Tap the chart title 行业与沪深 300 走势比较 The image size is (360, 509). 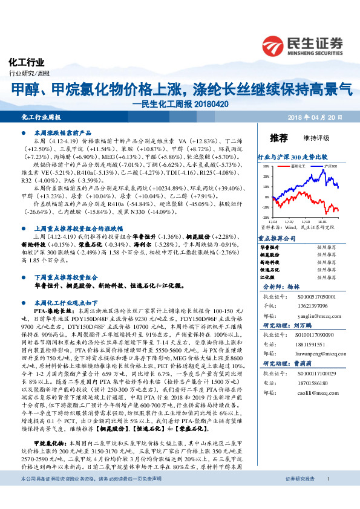292,156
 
